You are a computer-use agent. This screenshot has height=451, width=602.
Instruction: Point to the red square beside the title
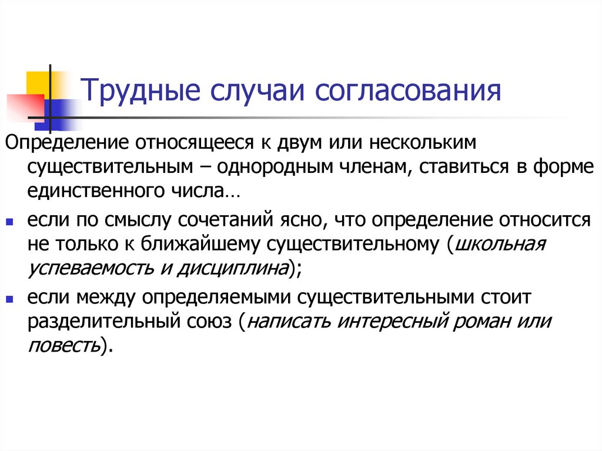coord(24,106)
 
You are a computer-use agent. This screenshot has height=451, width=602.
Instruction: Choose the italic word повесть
coord(63,347)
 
